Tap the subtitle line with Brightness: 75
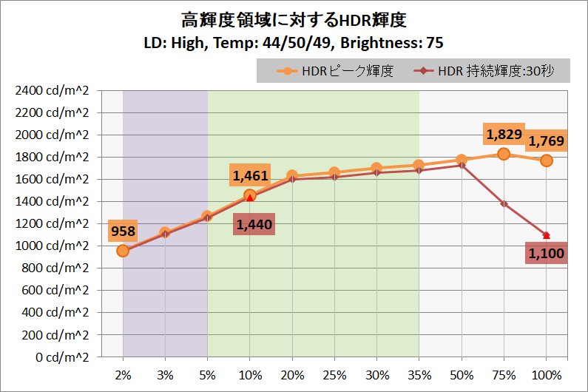click(x=294, y=41)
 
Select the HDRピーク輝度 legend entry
click(x=337, y=71)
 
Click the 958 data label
click(x=123, y=232)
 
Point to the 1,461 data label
click(x=250, y=176)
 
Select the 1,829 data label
click(x=504, y=135)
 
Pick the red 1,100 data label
click(x=547, y=254)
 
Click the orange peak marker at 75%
click(x=504, y=154)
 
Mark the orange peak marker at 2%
click(x=123, y=251)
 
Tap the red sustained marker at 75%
click(x=504, y=203)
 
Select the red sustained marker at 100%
click(x=546, y=235)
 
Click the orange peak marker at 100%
click(x=546, y=160)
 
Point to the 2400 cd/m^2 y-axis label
click(x=51, y=91)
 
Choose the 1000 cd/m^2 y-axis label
click(x=51, y=246)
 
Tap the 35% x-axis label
click(x=419, y=375)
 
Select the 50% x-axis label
click(x=462, y=375)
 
